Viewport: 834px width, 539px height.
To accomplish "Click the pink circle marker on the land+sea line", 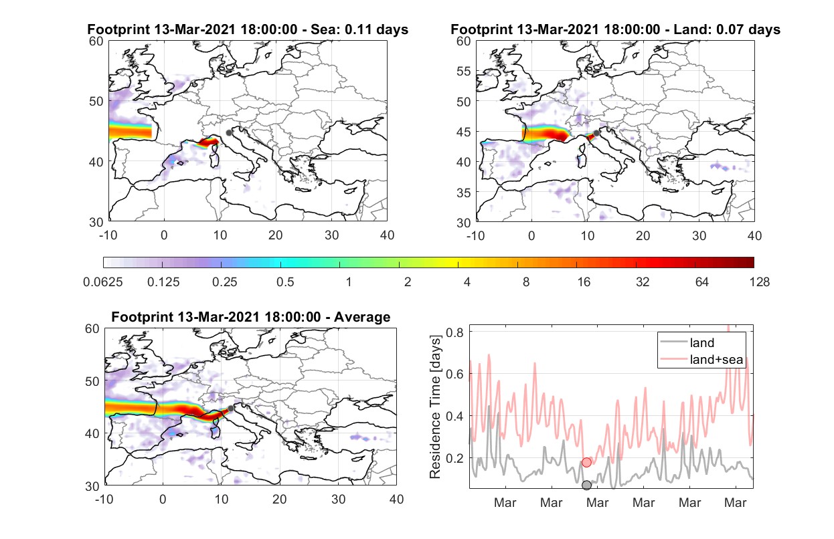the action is [586, 462].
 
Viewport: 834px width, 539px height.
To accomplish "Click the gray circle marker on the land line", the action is [586, 485].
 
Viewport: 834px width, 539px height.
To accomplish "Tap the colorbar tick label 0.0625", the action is [103, 282].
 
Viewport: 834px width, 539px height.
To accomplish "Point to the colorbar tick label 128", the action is [760, 282].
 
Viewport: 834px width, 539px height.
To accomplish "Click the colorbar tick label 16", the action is [584, 282].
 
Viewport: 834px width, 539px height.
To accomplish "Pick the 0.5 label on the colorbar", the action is [285, 282].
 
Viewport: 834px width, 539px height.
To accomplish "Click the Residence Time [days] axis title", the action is [435, 407].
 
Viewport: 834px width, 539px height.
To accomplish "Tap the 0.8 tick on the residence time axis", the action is [455, 332].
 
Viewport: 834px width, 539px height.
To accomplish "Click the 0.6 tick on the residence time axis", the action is [455, 374].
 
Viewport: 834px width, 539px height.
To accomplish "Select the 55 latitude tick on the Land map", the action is [464, 71].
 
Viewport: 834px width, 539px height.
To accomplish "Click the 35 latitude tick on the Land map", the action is [464, 193].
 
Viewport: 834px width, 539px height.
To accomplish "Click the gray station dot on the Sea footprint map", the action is [229, 133].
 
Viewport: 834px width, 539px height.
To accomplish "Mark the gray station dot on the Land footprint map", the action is [596, 133].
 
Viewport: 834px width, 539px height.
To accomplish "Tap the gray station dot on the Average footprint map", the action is [231, 409].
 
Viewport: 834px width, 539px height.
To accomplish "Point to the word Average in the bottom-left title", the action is [362, 317].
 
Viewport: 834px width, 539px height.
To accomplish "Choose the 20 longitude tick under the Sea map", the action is [276, 235].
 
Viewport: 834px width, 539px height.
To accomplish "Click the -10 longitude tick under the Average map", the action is [104, 499].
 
